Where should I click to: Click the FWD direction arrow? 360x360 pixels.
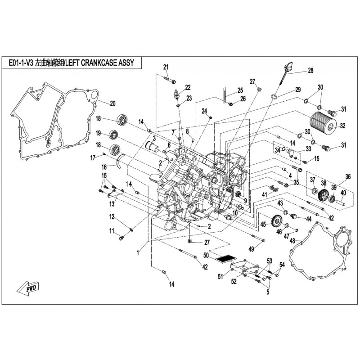(x=30, y=287)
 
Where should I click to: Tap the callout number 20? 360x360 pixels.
(x=112, y=103)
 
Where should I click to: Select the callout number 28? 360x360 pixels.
(x=310, y=71)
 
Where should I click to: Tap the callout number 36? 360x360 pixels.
(x=347, y=176)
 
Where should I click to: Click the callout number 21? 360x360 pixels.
(x=166, y=67)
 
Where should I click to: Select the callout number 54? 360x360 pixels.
(x=282, y=264)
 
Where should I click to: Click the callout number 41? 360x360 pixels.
(x=265, y=194)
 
